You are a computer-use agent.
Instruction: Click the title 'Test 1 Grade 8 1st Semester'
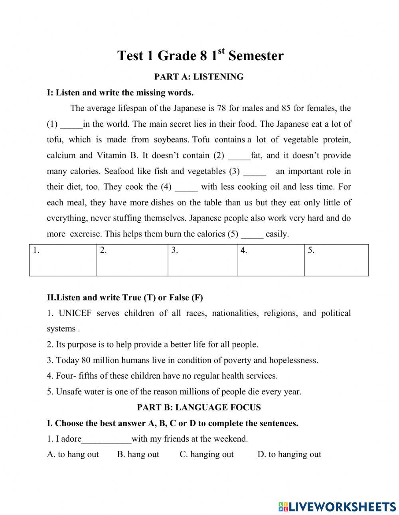[200, 55]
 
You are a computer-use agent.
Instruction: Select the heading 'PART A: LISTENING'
[199, 77]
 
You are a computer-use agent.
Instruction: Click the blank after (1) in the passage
[71, 124]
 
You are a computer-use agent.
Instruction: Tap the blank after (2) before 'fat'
[239, 156]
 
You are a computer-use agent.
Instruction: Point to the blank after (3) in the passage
[255, 172]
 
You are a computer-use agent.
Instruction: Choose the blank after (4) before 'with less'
[186, 187]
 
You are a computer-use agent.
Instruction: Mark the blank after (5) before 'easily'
[252, 234]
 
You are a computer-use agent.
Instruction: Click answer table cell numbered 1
[63, 260]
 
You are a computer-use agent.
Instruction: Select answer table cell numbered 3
[202, 260]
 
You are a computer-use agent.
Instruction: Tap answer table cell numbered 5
[336, 260]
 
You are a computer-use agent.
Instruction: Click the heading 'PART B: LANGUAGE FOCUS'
[199, 407]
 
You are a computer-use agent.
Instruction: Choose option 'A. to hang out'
[73, 454]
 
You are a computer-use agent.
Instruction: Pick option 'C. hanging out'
[207, 454]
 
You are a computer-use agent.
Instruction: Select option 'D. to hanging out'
[289, 454]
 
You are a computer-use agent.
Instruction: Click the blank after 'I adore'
[107, 439]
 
